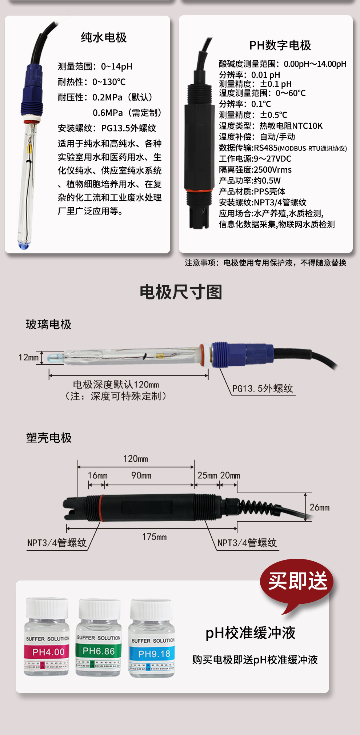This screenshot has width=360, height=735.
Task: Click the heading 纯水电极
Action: tap(104, 37)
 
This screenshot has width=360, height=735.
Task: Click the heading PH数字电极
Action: tap(280, 45)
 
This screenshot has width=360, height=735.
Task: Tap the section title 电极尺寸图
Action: tap(181, 292)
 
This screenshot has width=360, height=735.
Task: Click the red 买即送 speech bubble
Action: tap(297, 581)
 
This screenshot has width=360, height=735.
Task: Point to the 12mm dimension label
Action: tap(28, 357)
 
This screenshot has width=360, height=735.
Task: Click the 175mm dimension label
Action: tap(154, 537)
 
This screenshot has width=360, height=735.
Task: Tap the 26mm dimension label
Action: tap(320, 507)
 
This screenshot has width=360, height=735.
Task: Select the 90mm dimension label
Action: tap(141, 475)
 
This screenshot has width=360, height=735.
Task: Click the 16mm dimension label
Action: tap(97, 475)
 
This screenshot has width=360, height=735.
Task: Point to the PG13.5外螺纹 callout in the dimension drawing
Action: tap(263, 389)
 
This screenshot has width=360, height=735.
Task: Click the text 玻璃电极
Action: tap(49, 324)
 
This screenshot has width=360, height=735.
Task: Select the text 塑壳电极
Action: tap(49, 438)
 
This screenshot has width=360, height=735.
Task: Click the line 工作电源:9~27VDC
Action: tap(255, 159)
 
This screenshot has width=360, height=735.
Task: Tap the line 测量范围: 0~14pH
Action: tap(95, 67)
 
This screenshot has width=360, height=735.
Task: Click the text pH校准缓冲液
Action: tap(251, 633)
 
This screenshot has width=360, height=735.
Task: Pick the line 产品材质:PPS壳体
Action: tap(252, 192)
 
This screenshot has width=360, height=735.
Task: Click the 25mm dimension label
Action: tap(207, 475)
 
